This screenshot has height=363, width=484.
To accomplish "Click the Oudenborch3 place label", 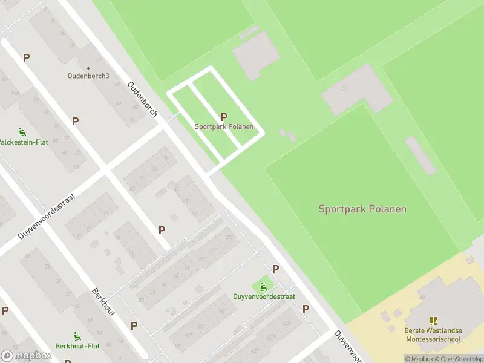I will pos(88,76).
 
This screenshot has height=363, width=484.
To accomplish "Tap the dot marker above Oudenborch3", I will pos(88,68).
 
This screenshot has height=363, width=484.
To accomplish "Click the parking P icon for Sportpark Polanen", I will pos(224,117).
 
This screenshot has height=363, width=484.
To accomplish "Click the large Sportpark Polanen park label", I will pos(362,209).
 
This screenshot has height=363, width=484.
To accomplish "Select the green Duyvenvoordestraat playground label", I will pos(264,296).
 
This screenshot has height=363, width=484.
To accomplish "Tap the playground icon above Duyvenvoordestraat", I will pos(263,286).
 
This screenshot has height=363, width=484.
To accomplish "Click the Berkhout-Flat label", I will pos(77,346).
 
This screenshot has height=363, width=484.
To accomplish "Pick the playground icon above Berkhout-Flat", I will pos(77,336).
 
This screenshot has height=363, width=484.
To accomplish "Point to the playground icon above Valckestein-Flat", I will pos(22,132).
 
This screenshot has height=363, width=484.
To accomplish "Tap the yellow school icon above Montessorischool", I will pos(433,320).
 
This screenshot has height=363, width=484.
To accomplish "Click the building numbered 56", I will pos(357,90).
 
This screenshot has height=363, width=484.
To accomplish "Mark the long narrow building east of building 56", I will pos(420,155).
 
